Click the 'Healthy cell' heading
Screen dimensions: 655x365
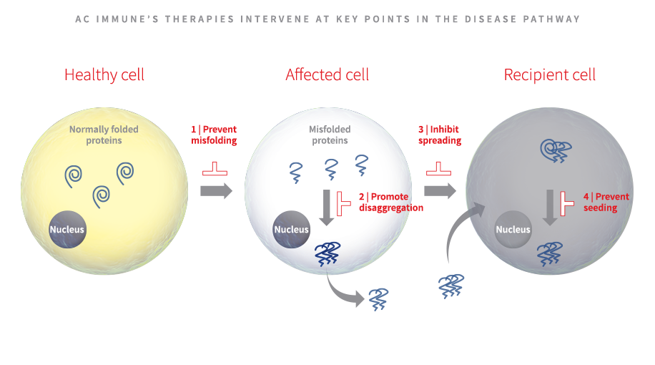coord(104,75)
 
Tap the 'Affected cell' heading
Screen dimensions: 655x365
coord(327,75)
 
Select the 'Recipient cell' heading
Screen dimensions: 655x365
coord(550,75)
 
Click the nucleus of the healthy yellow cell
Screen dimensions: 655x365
coord(67,230)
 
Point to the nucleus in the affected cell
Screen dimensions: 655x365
coord(292,230)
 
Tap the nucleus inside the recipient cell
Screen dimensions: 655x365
coord(513,230)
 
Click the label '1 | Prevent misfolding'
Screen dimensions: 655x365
coord(214,135)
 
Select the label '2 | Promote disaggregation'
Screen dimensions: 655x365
coord(391,202)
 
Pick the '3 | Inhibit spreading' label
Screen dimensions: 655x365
coord(440,135)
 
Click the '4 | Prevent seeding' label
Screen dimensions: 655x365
coord(606,202)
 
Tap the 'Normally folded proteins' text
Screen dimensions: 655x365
coord(104,135)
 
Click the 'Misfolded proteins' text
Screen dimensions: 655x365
coord(330,135)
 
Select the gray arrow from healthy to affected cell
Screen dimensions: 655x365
coord(216,191)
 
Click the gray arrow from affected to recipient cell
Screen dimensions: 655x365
coord(440,191)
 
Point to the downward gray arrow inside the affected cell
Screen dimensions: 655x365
coord(327,208)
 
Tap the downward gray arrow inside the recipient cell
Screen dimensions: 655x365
coord(550,208)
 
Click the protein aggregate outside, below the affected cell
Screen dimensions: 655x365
coord(378,299)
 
